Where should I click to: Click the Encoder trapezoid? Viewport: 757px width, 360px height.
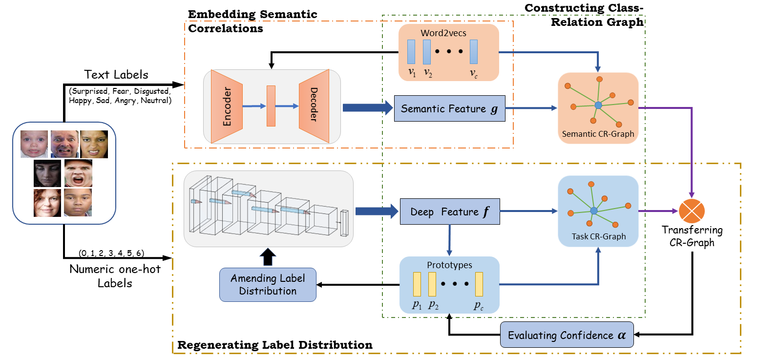227,106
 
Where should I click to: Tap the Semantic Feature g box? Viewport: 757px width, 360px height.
449,108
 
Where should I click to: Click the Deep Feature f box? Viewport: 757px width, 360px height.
450,212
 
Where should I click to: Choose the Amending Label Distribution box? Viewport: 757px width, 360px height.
268,284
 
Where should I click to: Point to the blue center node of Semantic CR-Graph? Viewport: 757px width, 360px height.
598,105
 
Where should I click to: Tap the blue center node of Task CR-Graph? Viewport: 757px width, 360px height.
593,211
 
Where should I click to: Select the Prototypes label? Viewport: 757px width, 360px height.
449,265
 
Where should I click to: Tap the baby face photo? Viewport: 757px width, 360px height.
34,144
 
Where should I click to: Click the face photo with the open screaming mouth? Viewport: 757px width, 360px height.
78,173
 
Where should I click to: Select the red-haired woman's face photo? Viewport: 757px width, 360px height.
47,203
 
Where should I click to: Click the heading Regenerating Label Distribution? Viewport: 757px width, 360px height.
274,345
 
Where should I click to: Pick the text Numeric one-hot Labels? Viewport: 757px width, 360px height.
115,276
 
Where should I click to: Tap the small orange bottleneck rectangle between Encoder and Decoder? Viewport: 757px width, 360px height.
271,106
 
